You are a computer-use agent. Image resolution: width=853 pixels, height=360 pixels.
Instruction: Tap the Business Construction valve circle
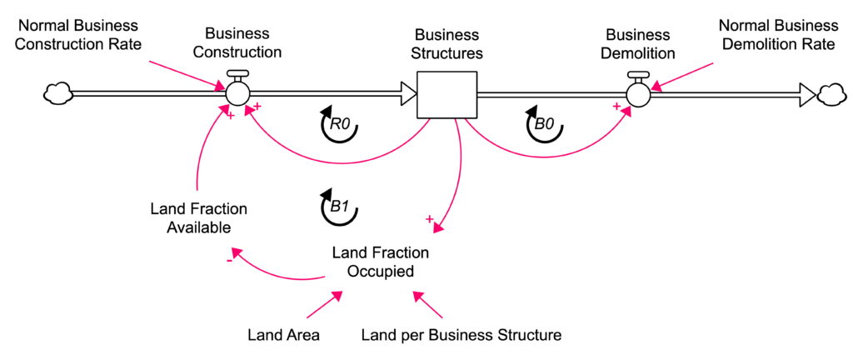pyautogui.click(x=237, y=93)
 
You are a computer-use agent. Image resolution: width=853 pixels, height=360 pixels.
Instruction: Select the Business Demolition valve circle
pyautogui.click(x=639, y=93)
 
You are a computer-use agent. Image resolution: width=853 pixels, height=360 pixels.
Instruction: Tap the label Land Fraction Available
pyautogui.click(x=198, y=217)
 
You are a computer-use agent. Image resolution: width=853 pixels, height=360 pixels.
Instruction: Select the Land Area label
pyautogui.click(x=283, y=335)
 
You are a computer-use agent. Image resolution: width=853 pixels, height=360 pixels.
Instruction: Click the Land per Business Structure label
pyautogui.click(x=461, y=335)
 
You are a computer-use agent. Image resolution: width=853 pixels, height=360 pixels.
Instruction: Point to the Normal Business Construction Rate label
pyautogui.click(x=90, y=34)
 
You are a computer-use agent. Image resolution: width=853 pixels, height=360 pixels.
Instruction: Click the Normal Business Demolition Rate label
pyautogui.click(x=777, y=34)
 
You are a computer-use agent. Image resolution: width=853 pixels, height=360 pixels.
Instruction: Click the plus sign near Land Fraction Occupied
pyautogui.click(x=430, y=219)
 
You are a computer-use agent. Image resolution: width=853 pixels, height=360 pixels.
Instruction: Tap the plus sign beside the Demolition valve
pyautogui.click(x=616, y=107)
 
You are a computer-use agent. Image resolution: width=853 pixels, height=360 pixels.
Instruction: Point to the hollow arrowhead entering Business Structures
pyautogui.click(x=407, y=94)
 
